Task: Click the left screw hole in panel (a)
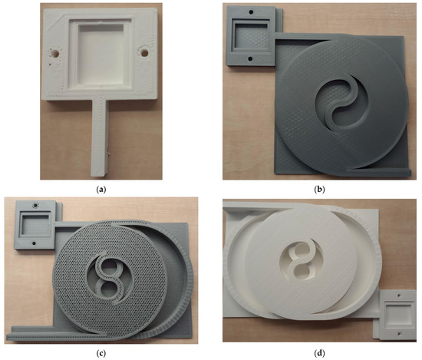point(54,54)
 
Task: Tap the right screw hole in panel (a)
point(142,54)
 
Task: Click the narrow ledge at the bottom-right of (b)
point(376,167)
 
